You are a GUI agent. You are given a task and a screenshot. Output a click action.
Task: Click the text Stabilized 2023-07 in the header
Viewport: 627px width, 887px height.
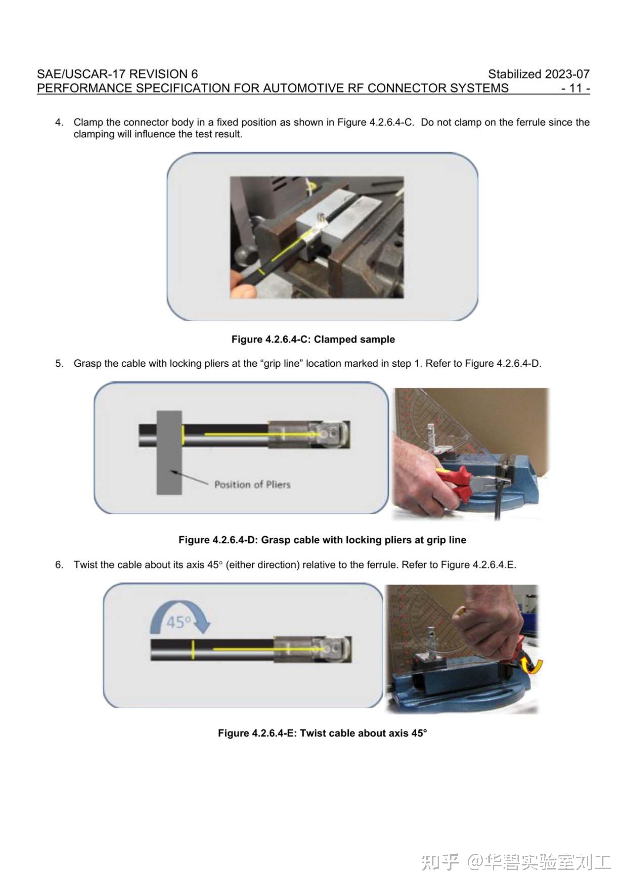(538, 74)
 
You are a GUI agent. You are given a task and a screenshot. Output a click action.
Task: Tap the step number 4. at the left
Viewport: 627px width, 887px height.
(59, 122)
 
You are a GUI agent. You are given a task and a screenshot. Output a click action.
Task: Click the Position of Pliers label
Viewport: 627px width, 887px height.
(252, 484)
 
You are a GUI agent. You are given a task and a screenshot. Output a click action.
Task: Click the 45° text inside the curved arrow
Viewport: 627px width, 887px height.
(179, 622)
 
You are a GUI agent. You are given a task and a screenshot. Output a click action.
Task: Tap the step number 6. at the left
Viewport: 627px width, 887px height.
(59, 565)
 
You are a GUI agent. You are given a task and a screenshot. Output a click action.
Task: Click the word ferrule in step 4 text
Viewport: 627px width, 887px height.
(531, 122)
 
